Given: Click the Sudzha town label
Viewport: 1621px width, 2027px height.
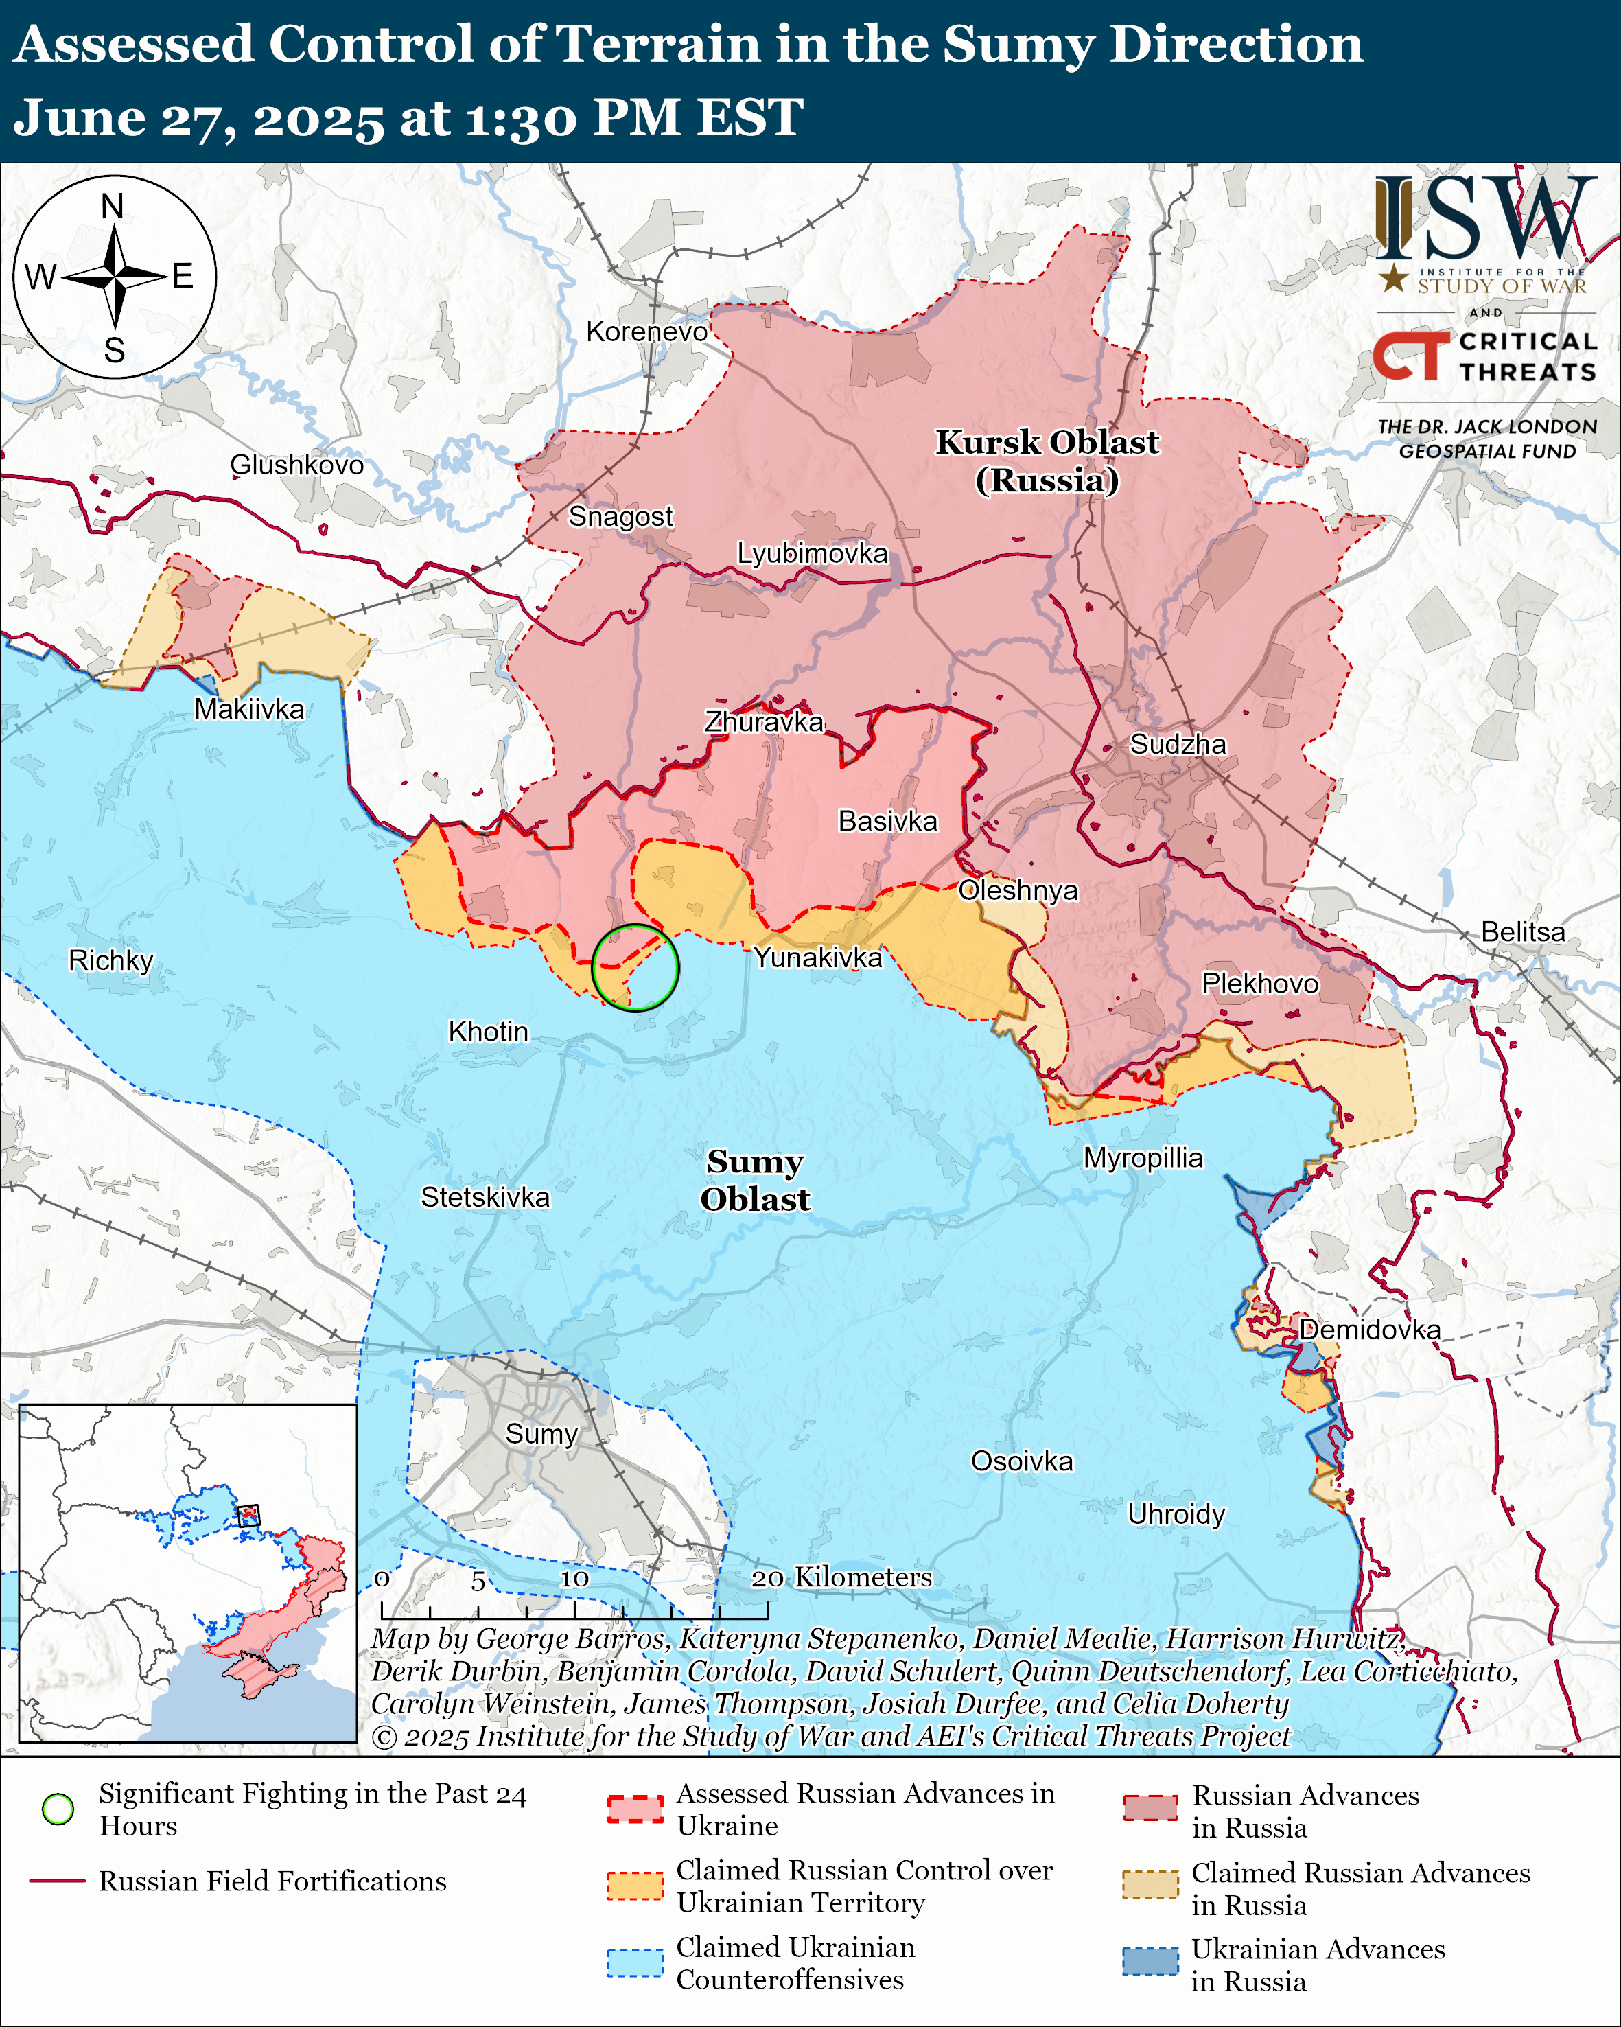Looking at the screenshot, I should pos(1178,745).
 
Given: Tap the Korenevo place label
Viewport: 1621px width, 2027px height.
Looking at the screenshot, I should pos(646,332).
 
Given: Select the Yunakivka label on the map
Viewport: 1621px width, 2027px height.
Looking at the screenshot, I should pos(817,958).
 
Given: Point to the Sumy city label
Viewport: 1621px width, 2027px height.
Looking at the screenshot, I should pos(541,1434).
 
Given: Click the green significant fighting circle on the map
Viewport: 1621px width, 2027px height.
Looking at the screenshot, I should pos(635,967).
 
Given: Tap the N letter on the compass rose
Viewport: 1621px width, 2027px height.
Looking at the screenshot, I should pos(113,206).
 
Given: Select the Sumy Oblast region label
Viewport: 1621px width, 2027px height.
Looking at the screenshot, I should pos(755,1180).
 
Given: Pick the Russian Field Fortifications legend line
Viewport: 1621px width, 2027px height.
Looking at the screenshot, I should pos(58,1881).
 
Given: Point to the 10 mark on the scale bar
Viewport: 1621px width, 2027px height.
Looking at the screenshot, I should pos(574,1579).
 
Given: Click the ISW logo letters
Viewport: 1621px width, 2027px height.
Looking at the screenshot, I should pos(1484,218).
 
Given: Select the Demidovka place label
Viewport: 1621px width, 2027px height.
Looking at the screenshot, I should pos(1369,1330).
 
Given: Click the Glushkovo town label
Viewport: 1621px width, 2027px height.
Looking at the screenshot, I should pos(297,465).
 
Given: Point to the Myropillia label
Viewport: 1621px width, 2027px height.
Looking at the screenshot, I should pos(1143,1158).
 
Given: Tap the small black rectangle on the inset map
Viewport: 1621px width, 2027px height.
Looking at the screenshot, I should pos(248,1515).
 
